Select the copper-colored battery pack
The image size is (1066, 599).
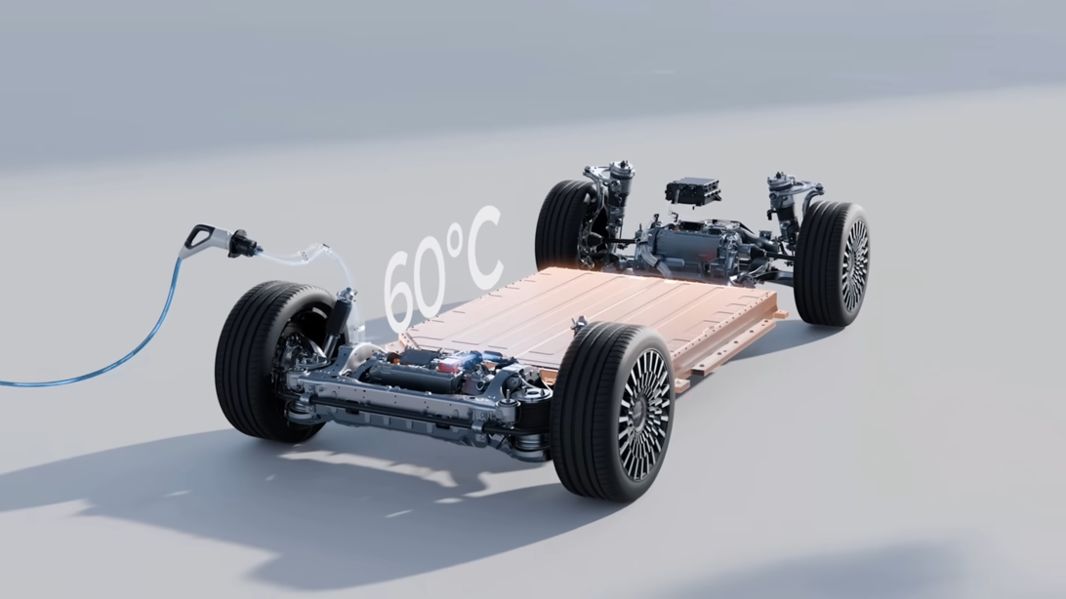pos(586,312)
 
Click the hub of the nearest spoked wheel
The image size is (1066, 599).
pos(644,415)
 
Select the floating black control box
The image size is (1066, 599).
pos(693,189)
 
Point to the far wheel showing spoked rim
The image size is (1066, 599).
pos(835,263)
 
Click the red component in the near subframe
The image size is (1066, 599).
pos(449,365)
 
